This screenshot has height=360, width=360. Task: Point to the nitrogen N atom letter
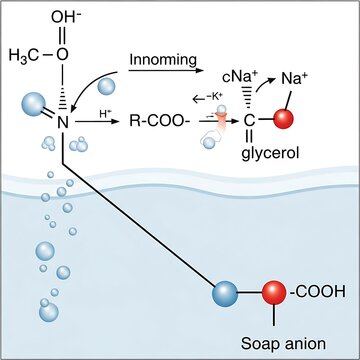click(61, 123)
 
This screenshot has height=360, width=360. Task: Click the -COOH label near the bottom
click(318, 292)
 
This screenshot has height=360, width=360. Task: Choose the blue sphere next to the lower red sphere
click(227, 294)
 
